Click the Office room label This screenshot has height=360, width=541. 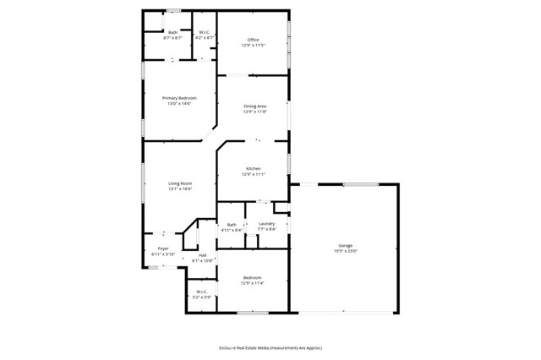click(253, 40)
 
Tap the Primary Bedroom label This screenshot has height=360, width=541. click(179, 98)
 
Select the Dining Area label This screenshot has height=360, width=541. click(254, 106)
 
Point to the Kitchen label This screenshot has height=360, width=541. click(254, 168)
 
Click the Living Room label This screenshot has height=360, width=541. click(180, 183)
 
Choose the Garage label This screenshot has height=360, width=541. click(346, 245)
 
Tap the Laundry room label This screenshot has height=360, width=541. click(266, 223)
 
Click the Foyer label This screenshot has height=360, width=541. click(163, 248)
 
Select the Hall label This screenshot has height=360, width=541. click(203, 255)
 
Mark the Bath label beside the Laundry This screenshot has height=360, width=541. click(232, 224)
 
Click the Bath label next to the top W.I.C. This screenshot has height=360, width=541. click(172, 32)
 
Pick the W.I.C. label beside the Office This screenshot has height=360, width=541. click(205, 32)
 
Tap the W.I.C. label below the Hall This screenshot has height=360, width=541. click(203, 292)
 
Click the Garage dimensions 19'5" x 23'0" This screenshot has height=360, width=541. click(346, 251)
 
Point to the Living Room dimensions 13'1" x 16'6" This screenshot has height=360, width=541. click(180, 189)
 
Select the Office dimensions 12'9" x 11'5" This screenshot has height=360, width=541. click(253, 46)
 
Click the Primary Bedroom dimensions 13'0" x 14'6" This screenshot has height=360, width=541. click(179, 104)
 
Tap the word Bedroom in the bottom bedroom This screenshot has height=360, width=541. click(253, 277)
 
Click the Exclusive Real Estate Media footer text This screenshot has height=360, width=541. click(270, 347)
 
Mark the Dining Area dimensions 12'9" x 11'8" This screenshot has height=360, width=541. click(254, 112)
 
